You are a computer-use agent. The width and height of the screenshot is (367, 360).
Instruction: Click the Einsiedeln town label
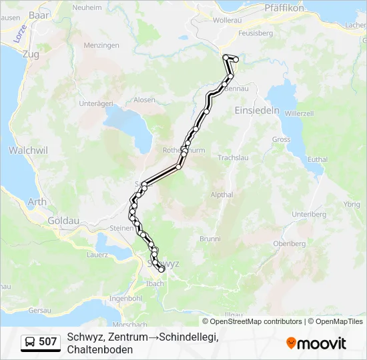257,111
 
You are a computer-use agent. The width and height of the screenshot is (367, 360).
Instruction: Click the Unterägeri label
95,103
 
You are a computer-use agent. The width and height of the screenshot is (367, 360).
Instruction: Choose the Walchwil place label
28,151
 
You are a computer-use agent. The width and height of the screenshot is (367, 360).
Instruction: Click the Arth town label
37,201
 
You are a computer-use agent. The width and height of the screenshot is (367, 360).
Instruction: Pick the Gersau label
40,311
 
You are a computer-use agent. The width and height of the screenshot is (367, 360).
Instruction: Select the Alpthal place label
222,195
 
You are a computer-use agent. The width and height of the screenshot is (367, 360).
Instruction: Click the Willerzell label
299,113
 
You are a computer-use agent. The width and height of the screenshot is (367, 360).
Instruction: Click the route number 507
48,342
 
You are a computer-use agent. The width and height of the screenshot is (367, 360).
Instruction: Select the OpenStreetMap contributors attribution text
252,321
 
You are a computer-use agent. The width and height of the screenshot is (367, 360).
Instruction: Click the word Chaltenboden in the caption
100,349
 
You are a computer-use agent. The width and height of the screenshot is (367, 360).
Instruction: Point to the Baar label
40,14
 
